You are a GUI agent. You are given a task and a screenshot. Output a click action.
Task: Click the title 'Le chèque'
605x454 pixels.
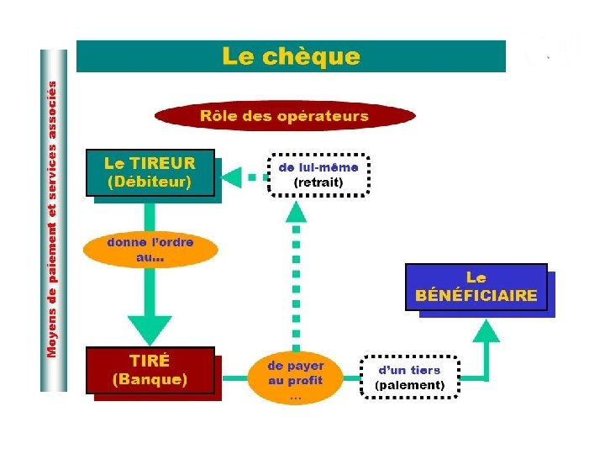point(291,57)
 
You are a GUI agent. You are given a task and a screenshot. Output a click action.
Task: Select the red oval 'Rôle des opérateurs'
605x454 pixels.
point(284,116)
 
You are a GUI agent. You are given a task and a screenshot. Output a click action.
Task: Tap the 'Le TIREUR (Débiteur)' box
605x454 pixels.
point(150,172)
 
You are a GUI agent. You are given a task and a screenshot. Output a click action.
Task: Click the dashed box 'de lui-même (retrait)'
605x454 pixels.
point(318,174)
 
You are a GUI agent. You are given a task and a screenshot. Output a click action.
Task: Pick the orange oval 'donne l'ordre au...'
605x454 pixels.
point(150,250)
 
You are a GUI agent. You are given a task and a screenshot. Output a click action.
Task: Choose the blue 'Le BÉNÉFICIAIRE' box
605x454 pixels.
point(476,287)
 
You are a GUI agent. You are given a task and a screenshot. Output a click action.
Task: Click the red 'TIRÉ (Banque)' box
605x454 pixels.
point(150,370)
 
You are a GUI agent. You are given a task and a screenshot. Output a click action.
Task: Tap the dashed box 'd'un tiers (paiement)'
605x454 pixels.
point(409,377)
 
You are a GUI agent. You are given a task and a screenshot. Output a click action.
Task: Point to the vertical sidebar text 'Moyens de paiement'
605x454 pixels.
point(53,219)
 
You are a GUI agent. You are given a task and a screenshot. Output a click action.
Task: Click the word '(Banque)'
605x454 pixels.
point(150,379)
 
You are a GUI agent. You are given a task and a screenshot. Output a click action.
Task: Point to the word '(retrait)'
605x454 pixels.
point(318,182)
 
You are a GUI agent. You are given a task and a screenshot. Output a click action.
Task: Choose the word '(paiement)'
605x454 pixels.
point(409,385)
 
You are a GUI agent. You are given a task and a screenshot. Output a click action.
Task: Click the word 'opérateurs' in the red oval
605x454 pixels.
point(323,116)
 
